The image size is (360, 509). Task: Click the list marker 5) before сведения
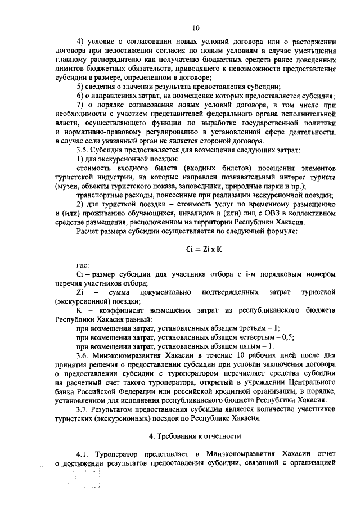click(80, 87)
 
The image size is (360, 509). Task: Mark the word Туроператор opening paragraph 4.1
click(118, 454)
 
